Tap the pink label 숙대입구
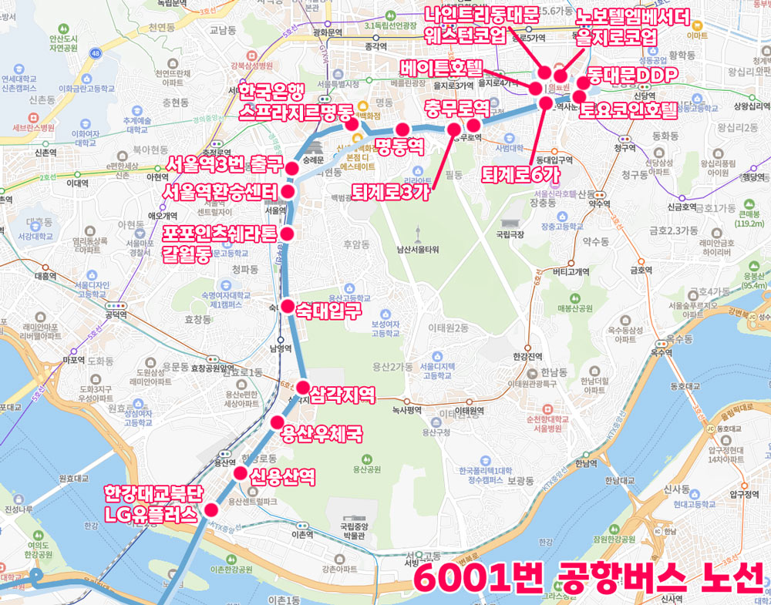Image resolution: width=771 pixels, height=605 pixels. click(329, 311)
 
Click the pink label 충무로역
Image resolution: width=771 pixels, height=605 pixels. click(457, 106)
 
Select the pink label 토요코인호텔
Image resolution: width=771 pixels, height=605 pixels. click(627, 111)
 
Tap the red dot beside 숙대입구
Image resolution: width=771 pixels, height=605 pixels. click(287, 307)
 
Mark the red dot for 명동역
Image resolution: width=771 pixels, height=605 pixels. click(402, 129)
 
